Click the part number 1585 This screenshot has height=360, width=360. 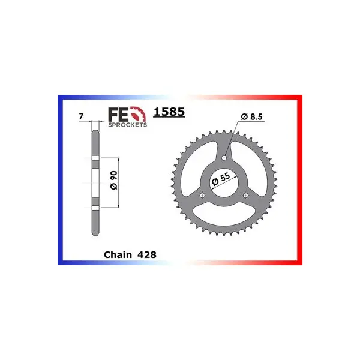coord(169,112)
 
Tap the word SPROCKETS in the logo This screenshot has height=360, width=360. coord(127,125)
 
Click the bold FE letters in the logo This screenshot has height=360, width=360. coord(118,115)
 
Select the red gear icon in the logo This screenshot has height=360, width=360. coord(138,114)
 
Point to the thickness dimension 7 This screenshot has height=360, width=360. coord(81,116)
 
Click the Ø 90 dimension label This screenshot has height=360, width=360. coord(113,180)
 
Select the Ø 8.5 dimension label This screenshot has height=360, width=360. coord(251,116)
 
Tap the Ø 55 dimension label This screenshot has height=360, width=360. coord(221,179)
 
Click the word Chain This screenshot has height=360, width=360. coord(118,254)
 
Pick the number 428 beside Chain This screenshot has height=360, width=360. coord(147,254)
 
